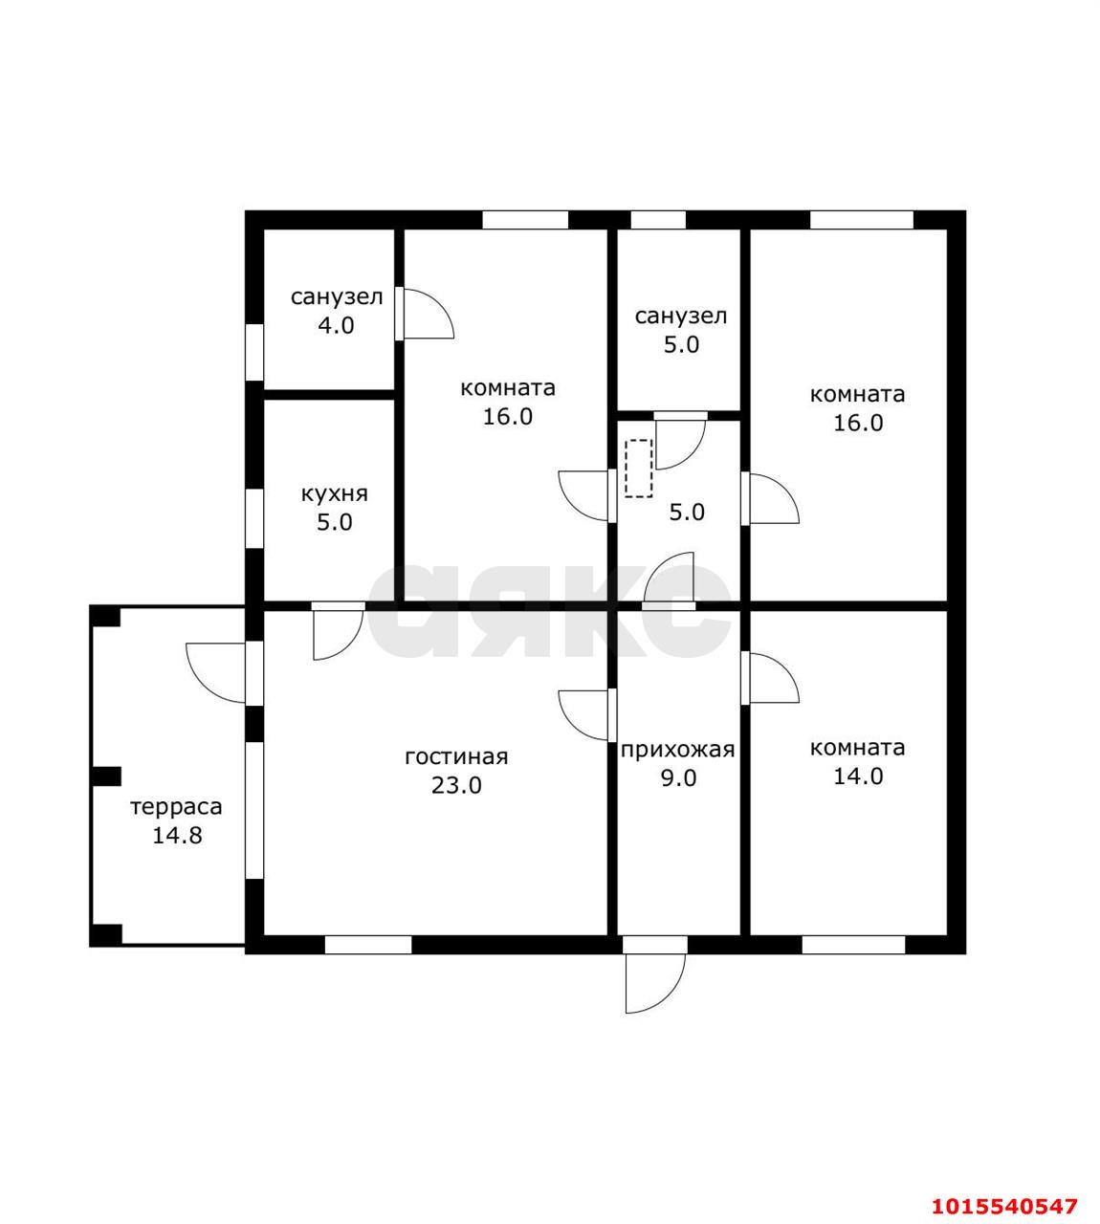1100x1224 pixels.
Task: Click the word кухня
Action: point(334,494)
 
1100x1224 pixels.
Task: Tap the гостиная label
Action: point(456,757)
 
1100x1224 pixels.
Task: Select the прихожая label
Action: point(677,750)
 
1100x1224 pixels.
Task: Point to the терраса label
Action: point(177,807)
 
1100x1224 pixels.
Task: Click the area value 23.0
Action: point(456,785)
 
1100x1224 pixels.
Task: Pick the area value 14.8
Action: point(177,836)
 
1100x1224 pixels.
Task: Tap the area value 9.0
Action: point(679,778)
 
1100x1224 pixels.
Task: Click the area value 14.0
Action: point(858,776)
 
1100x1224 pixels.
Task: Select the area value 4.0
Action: point(336,326)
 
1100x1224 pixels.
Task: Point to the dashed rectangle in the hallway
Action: point(639,469)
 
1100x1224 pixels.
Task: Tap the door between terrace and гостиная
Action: point(216,673)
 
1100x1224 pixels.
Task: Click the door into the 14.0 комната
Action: point(771,677)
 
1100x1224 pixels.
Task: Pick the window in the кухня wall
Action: point(254,519)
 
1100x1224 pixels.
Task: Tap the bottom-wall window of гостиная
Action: point(368,945)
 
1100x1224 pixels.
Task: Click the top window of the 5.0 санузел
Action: point(658,220)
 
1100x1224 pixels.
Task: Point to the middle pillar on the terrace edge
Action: point(106,776)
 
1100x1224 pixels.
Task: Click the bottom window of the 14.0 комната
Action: point(853,945)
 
